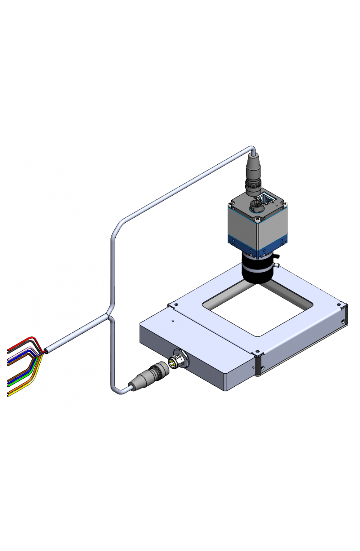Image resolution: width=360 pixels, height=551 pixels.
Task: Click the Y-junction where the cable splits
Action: click(109, 315)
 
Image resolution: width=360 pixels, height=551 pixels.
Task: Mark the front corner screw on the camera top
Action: click(257, 220)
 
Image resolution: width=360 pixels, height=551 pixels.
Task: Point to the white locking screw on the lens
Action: click(276, 265)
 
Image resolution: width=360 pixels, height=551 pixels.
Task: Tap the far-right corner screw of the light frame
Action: click(339, 304)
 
